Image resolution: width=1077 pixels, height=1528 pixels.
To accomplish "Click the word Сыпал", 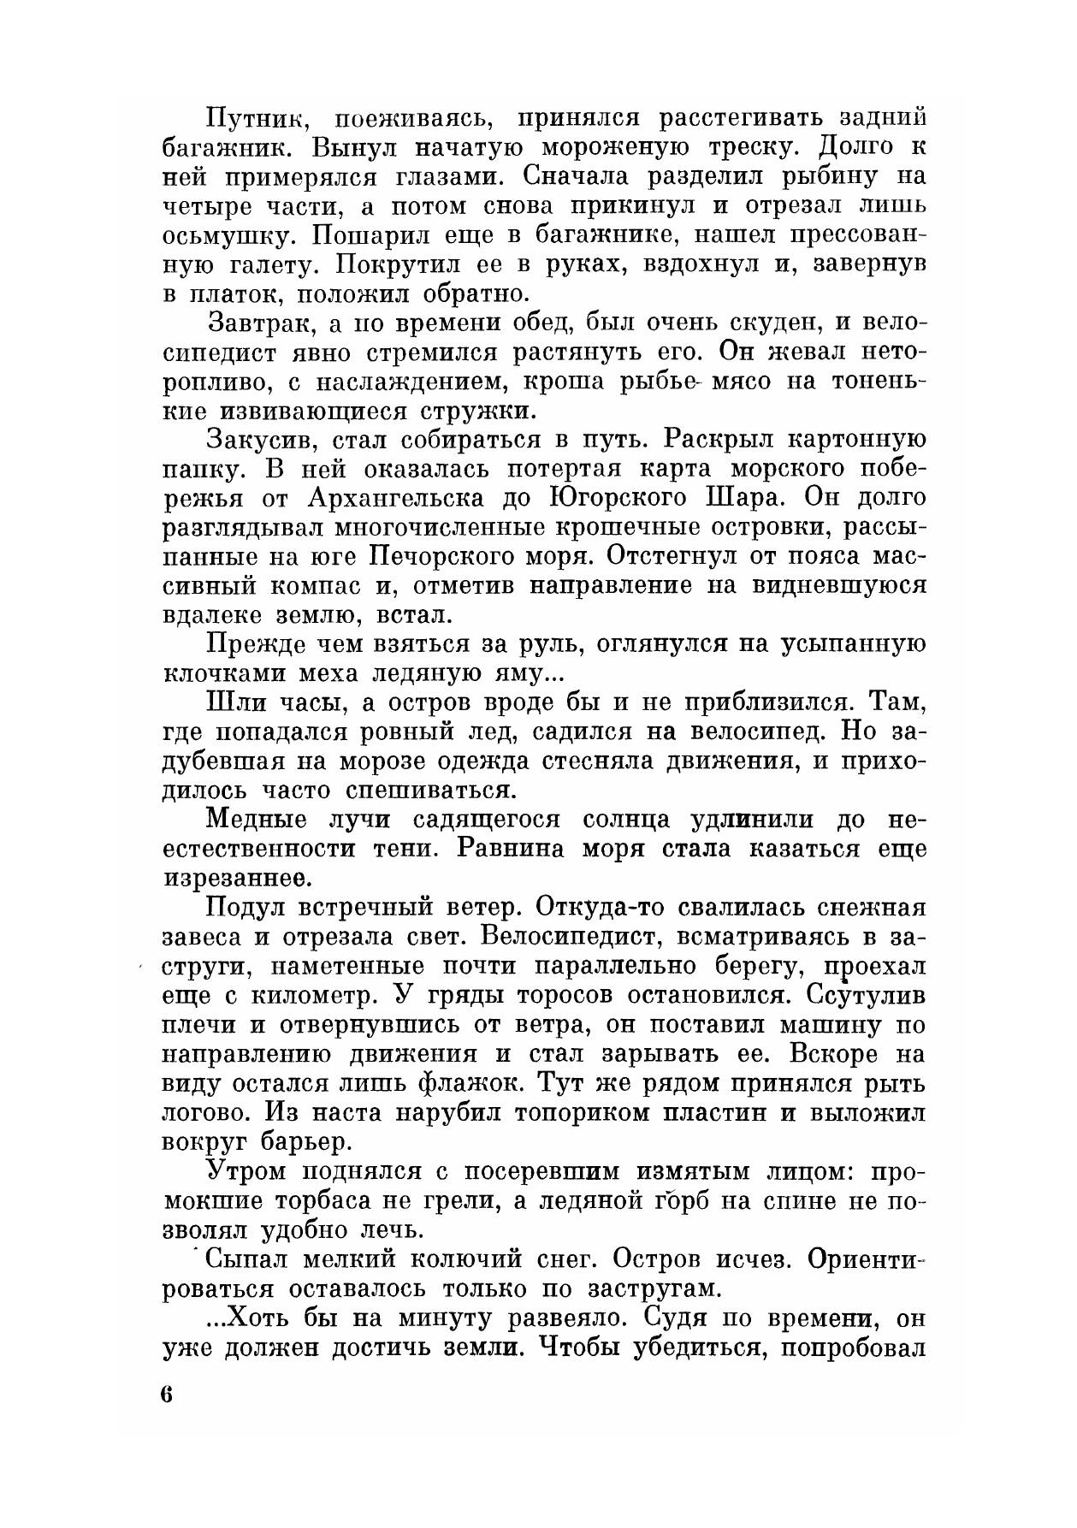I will tap(244, 1259).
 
